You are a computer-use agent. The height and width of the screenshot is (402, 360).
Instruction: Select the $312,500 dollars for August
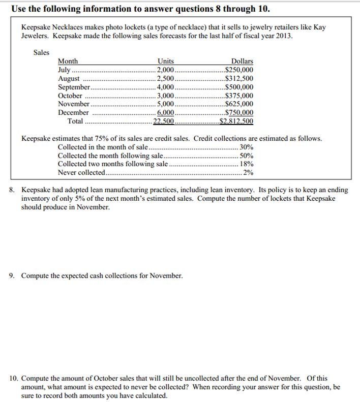tap(239, 78)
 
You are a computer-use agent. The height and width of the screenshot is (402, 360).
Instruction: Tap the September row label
tap(74, 87)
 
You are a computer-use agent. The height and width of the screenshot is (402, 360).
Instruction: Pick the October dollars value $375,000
tap(239, 96)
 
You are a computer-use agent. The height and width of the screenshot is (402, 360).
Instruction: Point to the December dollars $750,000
tap(239, 113)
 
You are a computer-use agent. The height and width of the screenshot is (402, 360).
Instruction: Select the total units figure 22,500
tap(164, 121)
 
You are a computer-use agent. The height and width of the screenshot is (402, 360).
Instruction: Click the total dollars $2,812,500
tap(236, 121)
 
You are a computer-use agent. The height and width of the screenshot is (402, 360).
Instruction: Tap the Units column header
tap(166, 61)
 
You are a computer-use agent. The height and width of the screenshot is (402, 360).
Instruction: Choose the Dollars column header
tap(242, 61)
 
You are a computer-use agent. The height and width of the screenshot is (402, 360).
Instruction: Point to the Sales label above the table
tap(41, 52)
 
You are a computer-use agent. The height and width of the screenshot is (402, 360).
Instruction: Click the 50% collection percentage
tap(247, 156)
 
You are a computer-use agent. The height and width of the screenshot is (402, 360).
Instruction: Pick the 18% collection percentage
tap(247, 164)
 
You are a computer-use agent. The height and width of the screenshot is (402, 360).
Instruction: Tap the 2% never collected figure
tap(248, 173)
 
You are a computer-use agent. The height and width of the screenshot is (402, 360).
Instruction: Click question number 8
tap(13, 190)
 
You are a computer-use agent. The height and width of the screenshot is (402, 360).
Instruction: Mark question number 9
tap(13, 275)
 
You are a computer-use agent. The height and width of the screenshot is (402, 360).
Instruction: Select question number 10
tap(14, 379)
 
